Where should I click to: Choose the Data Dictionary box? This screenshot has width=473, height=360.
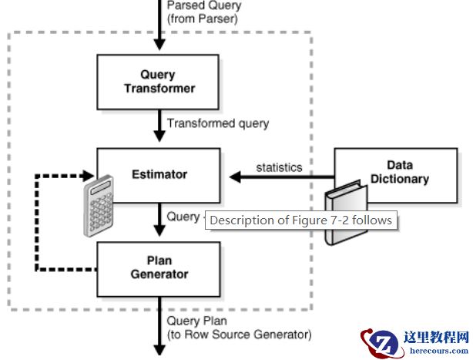point(398,173)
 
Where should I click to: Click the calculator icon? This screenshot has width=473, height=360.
point(99,204)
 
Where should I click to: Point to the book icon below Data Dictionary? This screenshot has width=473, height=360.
point(342,212)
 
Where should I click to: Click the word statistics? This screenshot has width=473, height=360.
point(279,167)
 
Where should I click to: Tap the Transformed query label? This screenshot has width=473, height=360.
point(218,123)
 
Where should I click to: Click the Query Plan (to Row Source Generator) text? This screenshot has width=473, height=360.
point(239,328)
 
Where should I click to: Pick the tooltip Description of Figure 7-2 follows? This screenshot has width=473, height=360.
point(300,220)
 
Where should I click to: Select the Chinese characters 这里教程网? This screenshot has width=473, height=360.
point(436,337)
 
